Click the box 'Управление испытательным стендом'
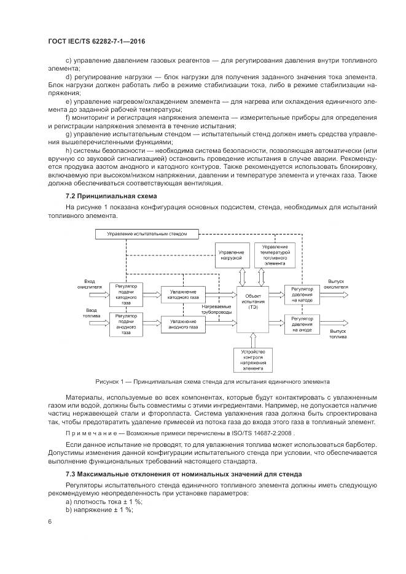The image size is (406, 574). click(147, 234)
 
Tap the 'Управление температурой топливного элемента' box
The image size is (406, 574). click(275, 255)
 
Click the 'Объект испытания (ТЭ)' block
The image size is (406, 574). click(253, 303)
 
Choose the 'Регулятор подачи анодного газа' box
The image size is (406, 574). click(126, 325)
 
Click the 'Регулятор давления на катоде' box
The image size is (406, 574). click(302, 294)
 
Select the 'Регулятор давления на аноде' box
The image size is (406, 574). click(302, 324)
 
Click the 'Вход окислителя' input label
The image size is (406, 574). click(92, 282)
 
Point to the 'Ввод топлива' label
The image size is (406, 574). click(92, 313)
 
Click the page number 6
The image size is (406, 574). click(50, 521)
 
